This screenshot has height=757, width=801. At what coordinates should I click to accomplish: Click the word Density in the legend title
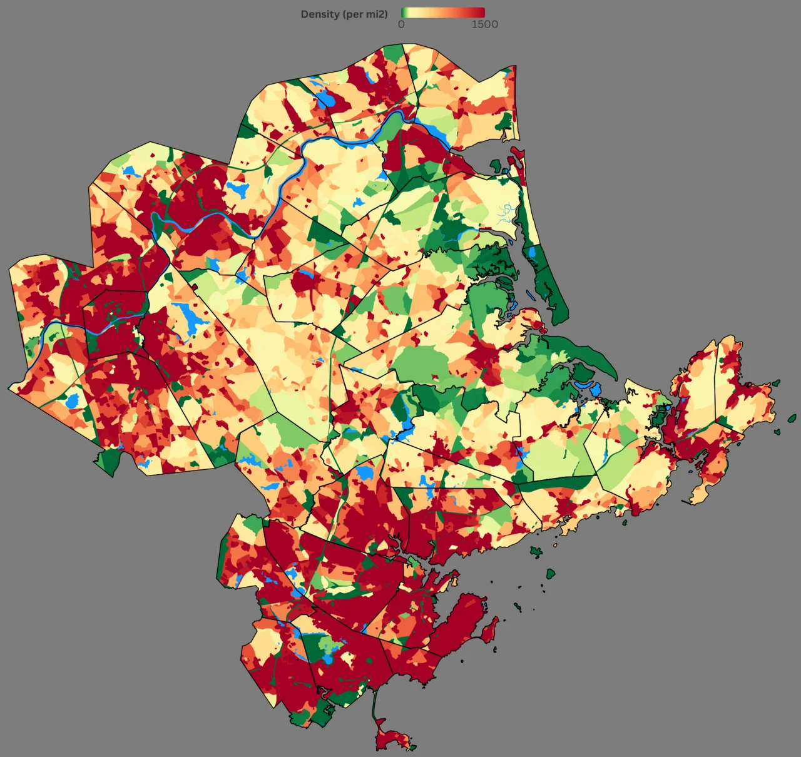coord(320,14)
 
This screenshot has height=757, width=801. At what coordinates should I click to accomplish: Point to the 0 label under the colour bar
coord(401,24)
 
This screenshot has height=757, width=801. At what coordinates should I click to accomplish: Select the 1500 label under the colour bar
coord(484,24)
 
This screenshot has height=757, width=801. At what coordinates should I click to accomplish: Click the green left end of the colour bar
coord(406,13)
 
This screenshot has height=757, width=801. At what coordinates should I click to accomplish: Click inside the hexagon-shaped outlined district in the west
coord(116,322)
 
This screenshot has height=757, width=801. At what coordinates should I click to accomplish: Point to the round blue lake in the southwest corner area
coord(73,400)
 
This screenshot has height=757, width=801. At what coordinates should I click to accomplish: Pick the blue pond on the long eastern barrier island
coord(533,253)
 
